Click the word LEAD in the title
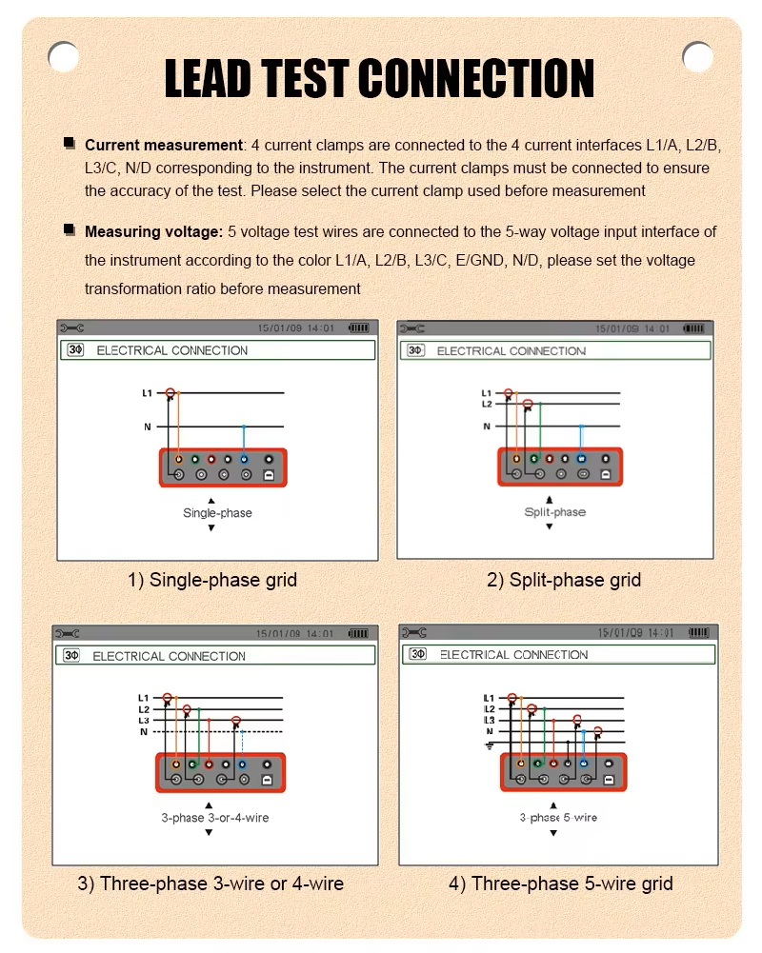[208, 78]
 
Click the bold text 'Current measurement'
[164, 146]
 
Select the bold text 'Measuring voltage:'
[154, 231]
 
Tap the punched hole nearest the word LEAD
[63, 56]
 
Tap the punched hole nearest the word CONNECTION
[697, 56]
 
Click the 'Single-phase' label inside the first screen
[217, 513]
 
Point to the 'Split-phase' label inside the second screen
[554, 512]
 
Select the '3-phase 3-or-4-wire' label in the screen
[214, 818]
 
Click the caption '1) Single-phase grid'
[212, 580]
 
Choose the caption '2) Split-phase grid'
[564, 580]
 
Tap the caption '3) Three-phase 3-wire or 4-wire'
[211, 884]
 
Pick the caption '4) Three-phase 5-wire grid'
[561, 884]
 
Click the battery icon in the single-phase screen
[359, 328]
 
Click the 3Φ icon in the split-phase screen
[415, 350]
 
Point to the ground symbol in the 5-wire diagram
[490, 745]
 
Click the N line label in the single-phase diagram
[148, 427]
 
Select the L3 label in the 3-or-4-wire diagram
[144, 721]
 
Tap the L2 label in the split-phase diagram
[487, 405]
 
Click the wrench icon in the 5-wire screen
[414, 633]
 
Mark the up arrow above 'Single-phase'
[211, 500]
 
